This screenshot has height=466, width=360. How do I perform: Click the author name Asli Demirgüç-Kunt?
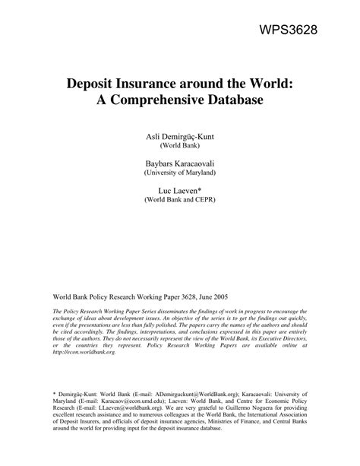[x=179, y=135]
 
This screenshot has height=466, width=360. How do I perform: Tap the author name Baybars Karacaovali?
[x=179, y=163]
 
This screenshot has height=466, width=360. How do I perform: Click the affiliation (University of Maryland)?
[x=179, y=173]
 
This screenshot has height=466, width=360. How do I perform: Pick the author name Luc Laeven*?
[x=179, y=190]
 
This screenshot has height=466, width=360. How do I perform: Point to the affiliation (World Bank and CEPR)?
[x=179, y=201]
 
